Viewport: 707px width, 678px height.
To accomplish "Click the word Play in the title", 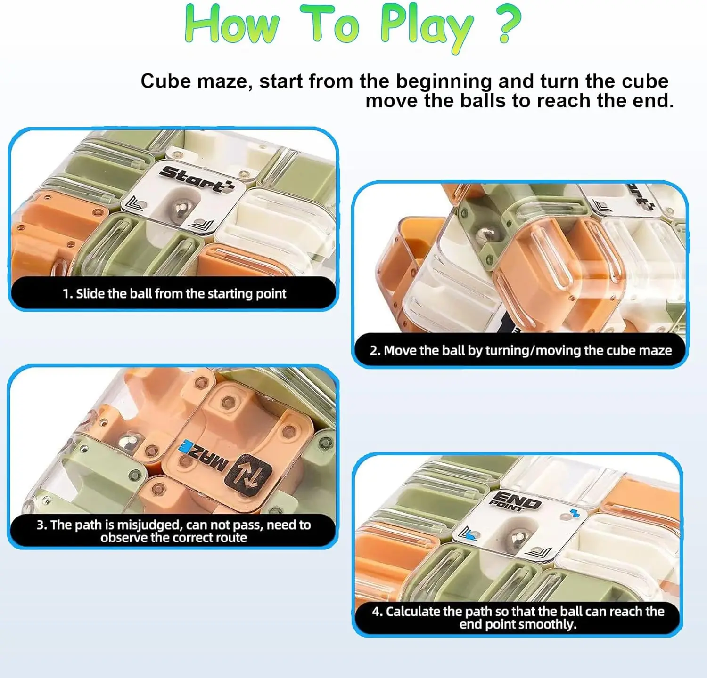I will click(x=426, y=26).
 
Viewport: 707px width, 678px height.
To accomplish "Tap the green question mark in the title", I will click(x=509, y=24).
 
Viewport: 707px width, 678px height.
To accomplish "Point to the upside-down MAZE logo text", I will click(x=203, y=457).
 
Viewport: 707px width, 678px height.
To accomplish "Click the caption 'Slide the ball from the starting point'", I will click(x=174, y=294).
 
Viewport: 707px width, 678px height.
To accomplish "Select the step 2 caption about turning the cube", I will click(x=521, y=351).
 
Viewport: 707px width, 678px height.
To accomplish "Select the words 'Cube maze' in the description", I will click(x=193, y=81).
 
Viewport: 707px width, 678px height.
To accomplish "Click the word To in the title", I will click(x=330, y=24).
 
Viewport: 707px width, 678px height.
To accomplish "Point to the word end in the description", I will click(x=652, y=101).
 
